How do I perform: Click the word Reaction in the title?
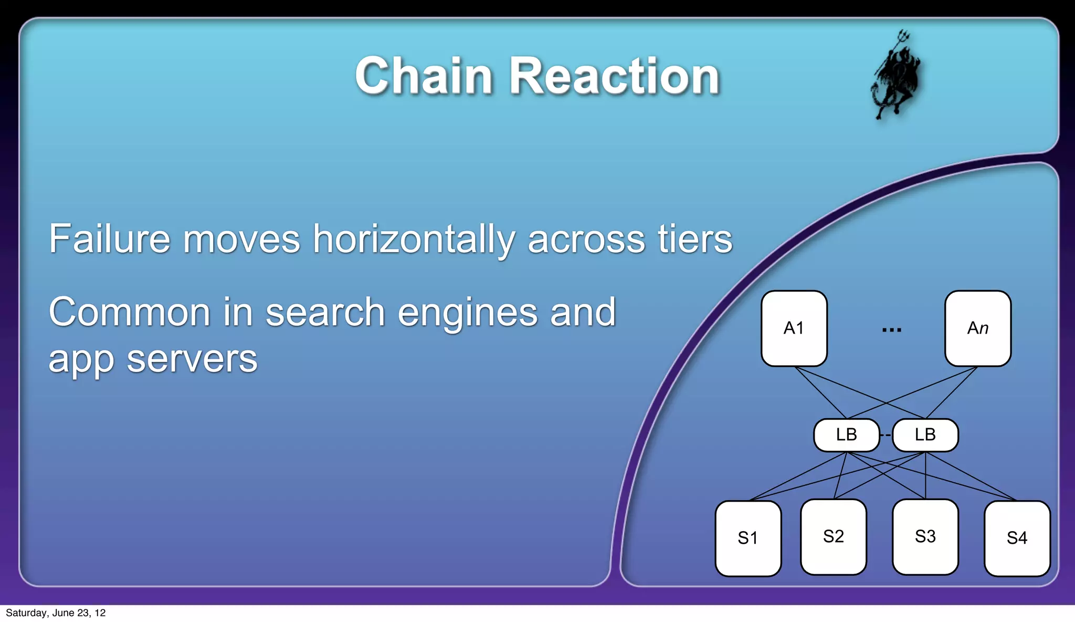pyautogui.click(x=615, y=76)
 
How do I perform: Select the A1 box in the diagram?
pyautogui.click(x=794, y=328)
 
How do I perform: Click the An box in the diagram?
pyautogui.click(x=977, y=328)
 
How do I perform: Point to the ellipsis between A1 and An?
pyautogui.click(x=891, y=330)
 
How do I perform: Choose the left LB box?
pyautogui.click(x=846, y=435)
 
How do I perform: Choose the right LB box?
pyautogui.click(x=925, y=435)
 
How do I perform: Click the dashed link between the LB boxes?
pyautogui.click(x=886, y=435)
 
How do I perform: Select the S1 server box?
pyautogui.click(x=748, y=538)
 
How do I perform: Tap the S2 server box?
pyautogui.click(x=833, y=536)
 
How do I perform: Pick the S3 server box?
pyautogui.click(x=925, y=536)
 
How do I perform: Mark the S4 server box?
pyautogui.click(x=1017, y=538)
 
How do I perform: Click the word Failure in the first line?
pyautogui.click(x=109, y=239)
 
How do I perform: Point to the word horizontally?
pyautogui.click(x=414, y=240)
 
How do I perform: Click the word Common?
pyautogui.click(x=130, y=312)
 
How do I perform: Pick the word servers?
pyautogui.click(x=192, y=360)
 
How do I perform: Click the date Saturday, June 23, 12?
pyautogui.click(x=56, y=613)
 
